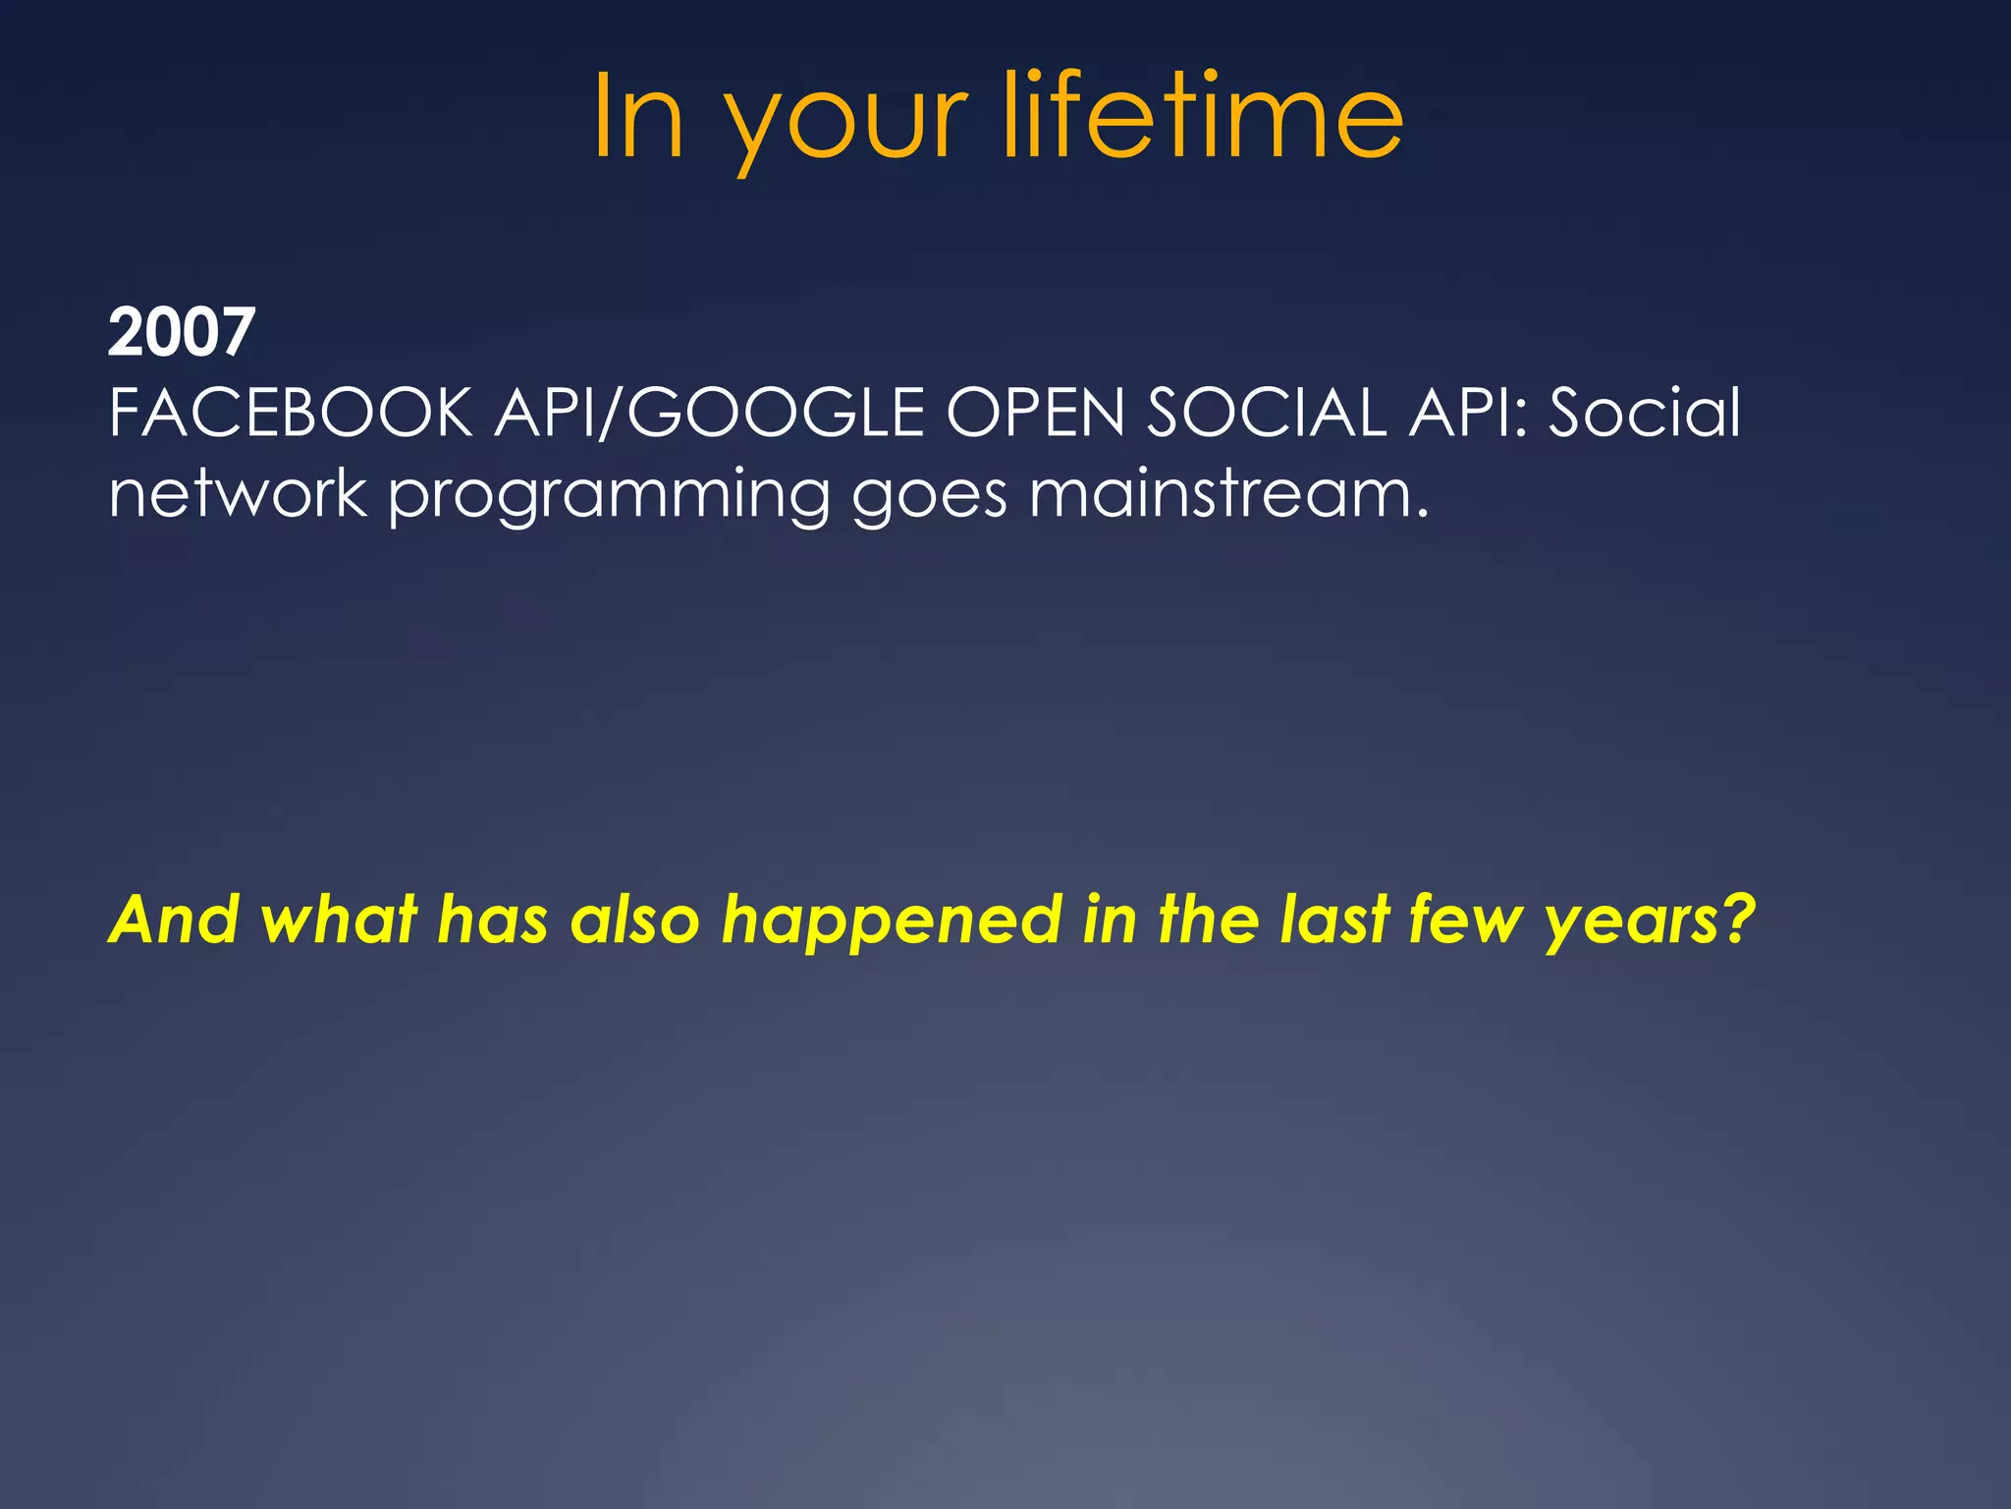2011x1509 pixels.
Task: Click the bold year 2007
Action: pos(181,332)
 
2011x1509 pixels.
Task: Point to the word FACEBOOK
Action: pos(291,413)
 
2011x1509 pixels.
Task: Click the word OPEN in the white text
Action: pos(1035,413)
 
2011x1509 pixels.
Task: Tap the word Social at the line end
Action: pos(1645,413)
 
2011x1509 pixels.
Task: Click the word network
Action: pos(238,493)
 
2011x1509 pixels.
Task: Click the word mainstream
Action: pos(1227,493)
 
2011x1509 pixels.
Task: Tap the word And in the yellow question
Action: pos(174,920)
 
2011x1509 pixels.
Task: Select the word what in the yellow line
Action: pos(339,920)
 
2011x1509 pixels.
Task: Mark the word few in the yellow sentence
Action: pos(1466,920)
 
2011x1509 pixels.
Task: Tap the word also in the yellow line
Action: pos(635,920)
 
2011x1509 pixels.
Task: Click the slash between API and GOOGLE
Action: pos(610,413)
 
